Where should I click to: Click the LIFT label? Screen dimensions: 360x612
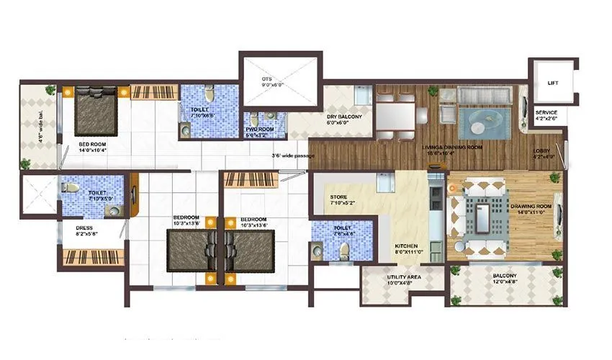pos(552,84)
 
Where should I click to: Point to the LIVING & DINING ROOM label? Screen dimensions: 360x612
pos(451,147)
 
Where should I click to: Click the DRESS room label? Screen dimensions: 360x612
pos(84,230)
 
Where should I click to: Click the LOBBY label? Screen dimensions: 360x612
pos(541,153)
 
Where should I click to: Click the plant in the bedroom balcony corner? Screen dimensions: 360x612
pos(50,90)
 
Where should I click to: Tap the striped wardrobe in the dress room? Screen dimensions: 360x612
pos(86,256)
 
